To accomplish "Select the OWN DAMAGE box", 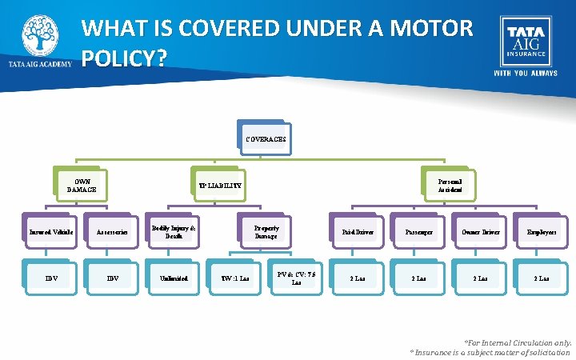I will [x=80, y=185].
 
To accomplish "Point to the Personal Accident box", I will [x=449, y=186].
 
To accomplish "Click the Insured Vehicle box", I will [x=51, y=232].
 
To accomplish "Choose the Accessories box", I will [x=112, y=232].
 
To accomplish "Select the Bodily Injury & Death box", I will [x=174, y=231].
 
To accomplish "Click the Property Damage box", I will [x=266, y=231].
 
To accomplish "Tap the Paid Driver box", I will [x=357, y=232].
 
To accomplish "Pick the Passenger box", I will [x=418, y=232].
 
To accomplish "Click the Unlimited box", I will [x=174, y=278].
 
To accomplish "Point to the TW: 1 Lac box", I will [x=235, y=278].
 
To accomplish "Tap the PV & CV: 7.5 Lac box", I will [x=296, y=278].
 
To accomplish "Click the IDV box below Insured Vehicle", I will [x=51, y=278].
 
